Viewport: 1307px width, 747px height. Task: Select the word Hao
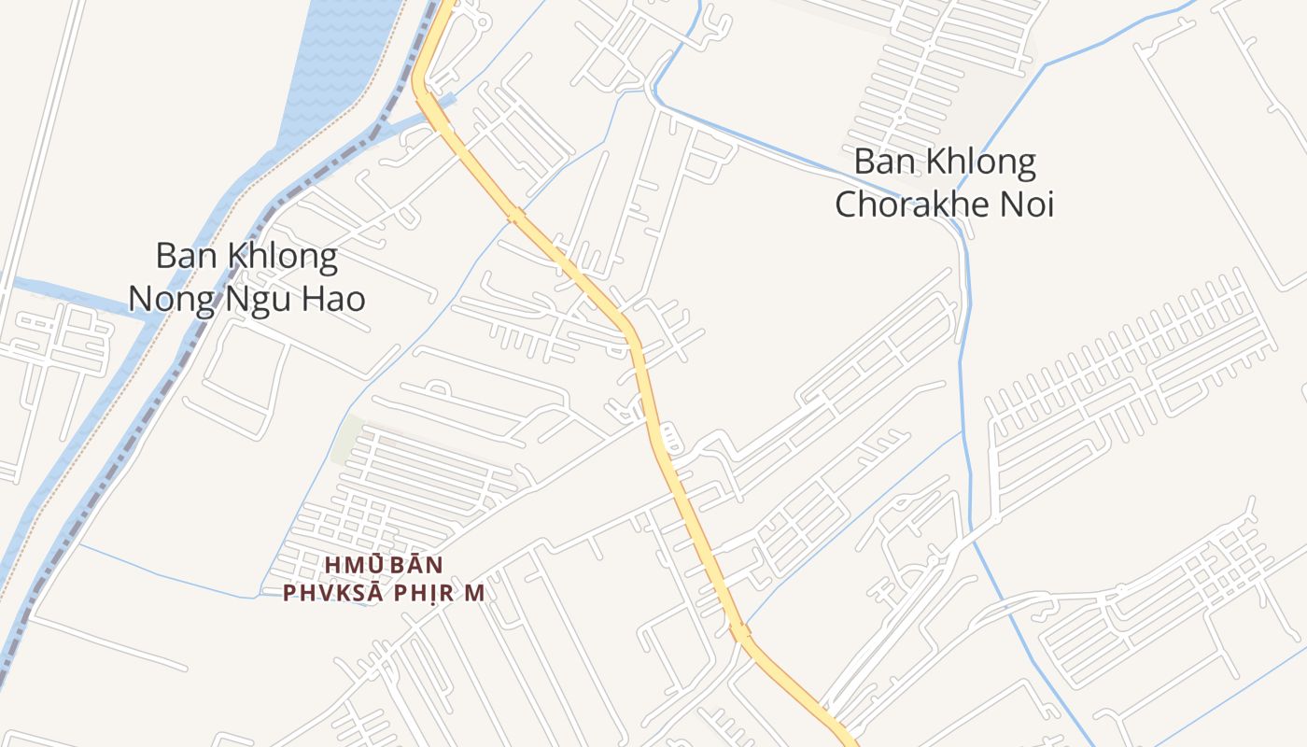coord(335,299)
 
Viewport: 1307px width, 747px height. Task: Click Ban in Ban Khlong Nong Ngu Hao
coord(180,255)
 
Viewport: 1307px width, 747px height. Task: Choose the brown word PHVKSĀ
coord(329,594)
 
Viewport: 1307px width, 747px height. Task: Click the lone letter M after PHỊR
coord(476,594)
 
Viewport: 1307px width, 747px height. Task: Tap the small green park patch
coord(347,439)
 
